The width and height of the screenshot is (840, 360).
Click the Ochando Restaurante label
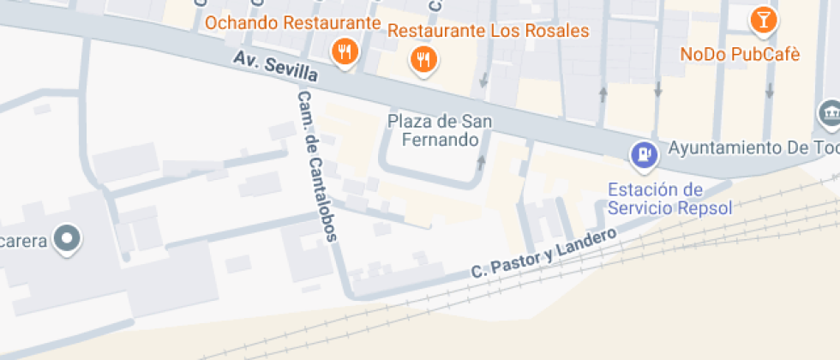(291, 22)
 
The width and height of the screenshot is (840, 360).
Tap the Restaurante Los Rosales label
(489, 31)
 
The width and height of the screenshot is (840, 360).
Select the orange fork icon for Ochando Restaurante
(345, 51)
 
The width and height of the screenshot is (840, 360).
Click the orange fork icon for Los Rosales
(423, 59)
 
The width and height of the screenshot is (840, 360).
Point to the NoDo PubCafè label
(740, 54)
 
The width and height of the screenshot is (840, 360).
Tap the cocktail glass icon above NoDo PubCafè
(762, 18)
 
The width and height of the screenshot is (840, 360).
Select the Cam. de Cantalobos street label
(318, 166)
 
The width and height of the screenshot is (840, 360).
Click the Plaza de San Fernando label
(441, 129)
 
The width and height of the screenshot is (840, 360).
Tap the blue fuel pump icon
(643, 154)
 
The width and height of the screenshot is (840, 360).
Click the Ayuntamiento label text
(751, 147)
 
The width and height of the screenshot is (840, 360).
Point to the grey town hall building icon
(830, 111)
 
